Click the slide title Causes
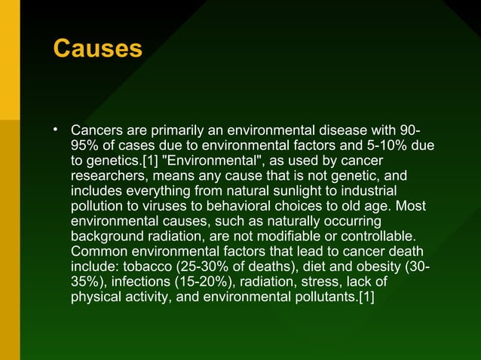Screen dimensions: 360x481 (x=97, y=49)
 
